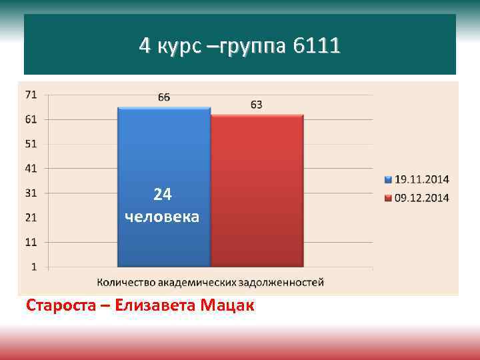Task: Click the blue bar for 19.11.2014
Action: click(x=164, y=153)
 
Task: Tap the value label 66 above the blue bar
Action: click(x=164, y=97)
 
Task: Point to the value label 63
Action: click(x=257, y=105)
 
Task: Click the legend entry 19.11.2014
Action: click(x=422, y=179)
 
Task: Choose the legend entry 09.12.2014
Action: click(x=422, y=197)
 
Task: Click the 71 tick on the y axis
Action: click(x=31, y=95)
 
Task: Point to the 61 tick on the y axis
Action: click(x=31, y=119)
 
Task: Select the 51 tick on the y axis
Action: click(x=31, y=144)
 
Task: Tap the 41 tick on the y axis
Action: click(x=31, y=169)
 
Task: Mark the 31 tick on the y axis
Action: click(x=31, y=193)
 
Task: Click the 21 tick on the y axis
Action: click(x=31, y=217)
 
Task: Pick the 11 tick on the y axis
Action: click(x=31, y=242)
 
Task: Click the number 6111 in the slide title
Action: click(x=315, y=46)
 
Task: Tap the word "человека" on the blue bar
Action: click(x=162, y=217)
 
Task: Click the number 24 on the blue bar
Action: click(x=163, y=195)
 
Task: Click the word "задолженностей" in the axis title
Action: click(x=286, y=282)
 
